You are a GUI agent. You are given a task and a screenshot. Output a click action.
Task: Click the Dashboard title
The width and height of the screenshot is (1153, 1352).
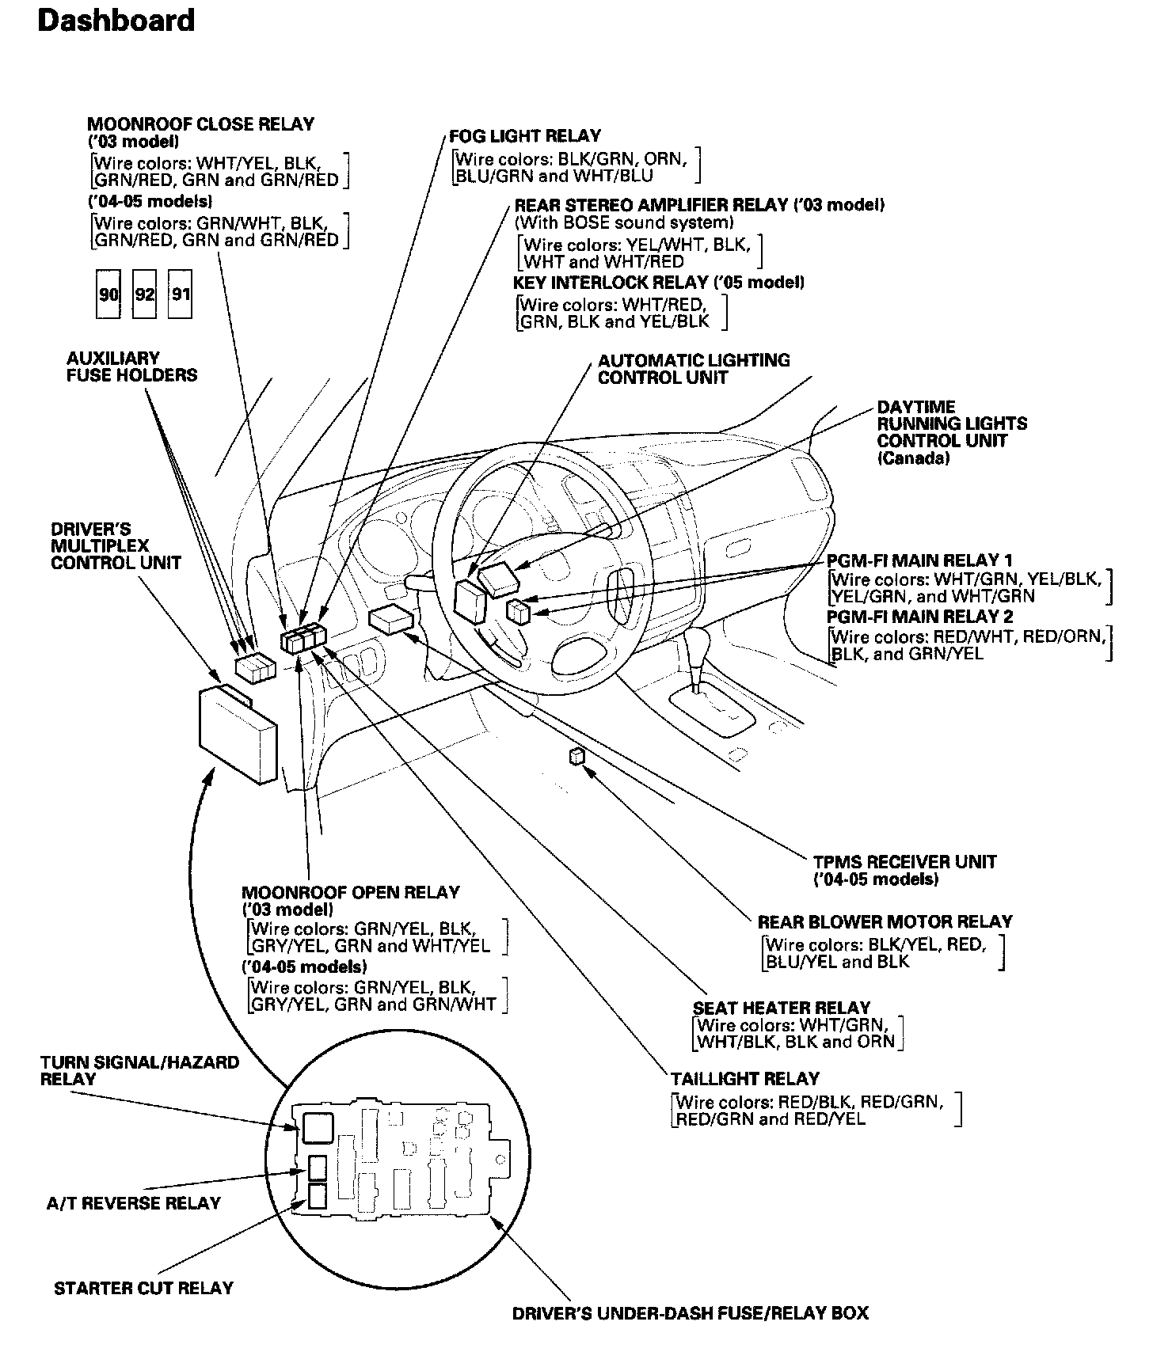[116, 21]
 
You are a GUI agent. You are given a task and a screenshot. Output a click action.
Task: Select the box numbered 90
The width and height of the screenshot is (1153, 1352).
[108, 294]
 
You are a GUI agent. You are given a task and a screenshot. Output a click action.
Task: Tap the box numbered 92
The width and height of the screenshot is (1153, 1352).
[144, 294]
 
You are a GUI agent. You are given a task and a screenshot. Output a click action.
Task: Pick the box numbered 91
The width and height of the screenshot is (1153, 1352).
[181, 294]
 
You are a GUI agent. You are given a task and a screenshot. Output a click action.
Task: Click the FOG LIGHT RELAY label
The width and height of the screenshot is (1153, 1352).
[524, 135]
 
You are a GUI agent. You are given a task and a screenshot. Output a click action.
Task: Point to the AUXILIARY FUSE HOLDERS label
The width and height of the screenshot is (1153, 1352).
[131, 366]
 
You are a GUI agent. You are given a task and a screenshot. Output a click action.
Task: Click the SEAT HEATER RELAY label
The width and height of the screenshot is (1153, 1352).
[781, 1008]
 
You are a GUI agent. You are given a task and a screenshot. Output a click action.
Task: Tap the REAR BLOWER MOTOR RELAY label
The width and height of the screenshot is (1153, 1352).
[885, 921]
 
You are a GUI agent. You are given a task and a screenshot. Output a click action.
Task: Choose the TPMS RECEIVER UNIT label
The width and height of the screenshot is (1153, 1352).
[904, 862]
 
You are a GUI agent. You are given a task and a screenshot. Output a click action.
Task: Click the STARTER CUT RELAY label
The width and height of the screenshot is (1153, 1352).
[143, 1288]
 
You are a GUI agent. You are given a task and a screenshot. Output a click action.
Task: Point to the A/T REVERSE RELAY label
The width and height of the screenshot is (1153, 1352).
[133, 1203]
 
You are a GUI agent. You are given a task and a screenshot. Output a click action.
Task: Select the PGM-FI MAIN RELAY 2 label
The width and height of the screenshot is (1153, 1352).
[919, 617]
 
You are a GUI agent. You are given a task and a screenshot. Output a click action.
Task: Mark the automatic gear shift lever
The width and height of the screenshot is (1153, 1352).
[698, 653]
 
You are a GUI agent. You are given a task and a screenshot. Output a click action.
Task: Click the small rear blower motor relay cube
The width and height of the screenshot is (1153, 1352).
[576, 757]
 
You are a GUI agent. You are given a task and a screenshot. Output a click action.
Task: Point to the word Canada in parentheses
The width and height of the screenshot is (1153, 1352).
[912, 458]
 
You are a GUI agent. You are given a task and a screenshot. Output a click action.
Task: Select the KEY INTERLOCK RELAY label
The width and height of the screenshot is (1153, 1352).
[659, 283]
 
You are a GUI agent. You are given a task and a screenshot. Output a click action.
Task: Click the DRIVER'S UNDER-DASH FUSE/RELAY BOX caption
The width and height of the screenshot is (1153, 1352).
[690, 1313]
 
